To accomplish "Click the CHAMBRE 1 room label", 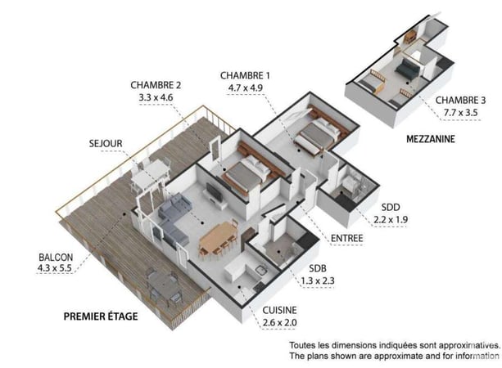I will click(245, 75).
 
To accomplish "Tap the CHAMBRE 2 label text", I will click(156, 84).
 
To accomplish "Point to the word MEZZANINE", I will click(431, 139).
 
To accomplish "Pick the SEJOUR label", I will click(106, 144).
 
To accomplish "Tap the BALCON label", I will click(55, 256).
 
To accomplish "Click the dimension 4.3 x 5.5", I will click(55, 267).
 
